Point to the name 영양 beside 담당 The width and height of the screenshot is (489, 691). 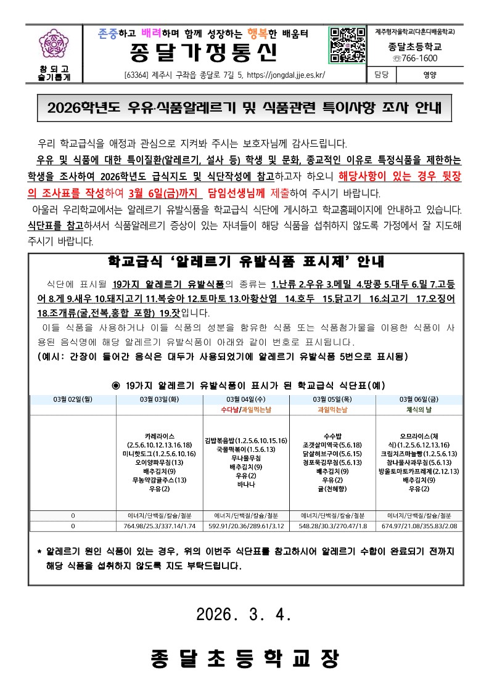coord(429,76)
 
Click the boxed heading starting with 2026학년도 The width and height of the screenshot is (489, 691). coord(244,109)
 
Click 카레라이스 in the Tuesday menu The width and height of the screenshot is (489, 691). coord(160,435)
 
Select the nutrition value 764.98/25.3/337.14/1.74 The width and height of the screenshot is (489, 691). coord(160,526)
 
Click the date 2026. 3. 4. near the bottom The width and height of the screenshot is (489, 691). coord(244,614)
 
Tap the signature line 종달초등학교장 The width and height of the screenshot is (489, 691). coord(244,659)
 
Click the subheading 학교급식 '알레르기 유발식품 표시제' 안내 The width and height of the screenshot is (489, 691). coord(245,261)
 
